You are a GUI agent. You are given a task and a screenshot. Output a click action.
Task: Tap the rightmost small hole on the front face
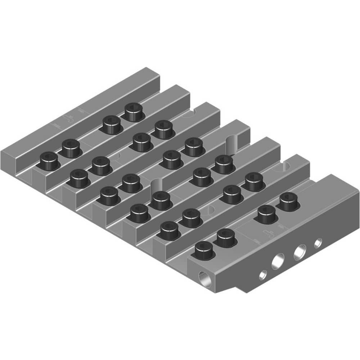[318, 243]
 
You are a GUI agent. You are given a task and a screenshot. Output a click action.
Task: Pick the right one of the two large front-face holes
[300, 252]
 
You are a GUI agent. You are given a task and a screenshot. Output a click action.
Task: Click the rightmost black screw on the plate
[289, 201]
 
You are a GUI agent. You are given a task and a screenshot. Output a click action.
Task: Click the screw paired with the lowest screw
[226, 237]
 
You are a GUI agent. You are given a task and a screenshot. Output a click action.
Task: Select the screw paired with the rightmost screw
[267, 213]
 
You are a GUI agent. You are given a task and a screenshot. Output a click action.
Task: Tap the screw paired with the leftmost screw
[71, 148]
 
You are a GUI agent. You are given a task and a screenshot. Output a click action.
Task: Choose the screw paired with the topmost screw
[111, 124]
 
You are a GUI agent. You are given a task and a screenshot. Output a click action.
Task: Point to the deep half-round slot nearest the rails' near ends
[154, 186]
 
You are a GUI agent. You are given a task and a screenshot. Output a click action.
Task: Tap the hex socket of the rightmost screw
[289, 197]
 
